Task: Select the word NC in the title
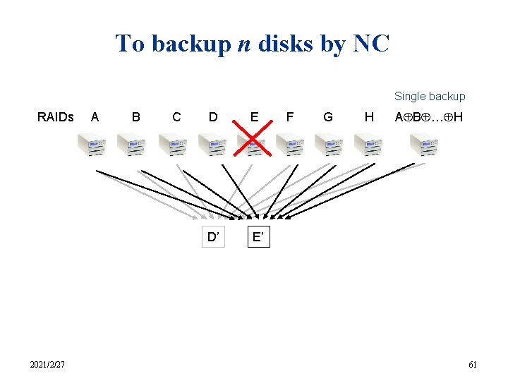(x=370, y=44)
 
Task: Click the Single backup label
(x=430, y=96)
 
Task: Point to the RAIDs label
(x=55, y=117)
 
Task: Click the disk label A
(x=95, y=117)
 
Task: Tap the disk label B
(x=135, y=117)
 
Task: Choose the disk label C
(x=176, y=117)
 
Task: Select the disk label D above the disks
(x=213, y=117)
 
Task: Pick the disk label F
(x=289, y=117)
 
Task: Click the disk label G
(x=328, y=117)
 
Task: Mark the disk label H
(x=368, y=117)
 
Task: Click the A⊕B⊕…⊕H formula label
(x=428, y=117)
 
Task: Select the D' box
(x=212, y=237)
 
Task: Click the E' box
(x=259, y=237)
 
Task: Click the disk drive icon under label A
(x=92, y=145)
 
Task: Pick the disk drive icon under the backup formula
(x=424, y=145)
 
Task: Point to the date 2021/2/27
(x=47, y=364)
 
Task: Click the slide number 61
(x=473, y=364)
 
